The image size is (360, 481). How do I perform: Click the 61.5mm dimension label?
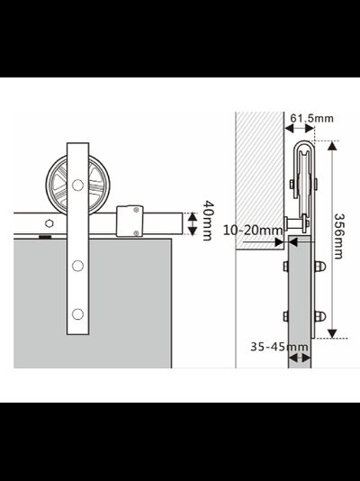pos(311,118)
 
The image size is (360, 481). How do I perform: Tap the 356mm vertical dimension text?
pos(338,236)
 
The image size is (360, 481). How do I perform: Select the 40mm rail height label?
pos(208,221)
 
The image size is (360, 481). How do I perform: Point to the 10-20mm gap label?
pos(253,230)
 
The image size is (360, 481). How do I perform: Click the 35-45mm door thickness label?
pos(279,347)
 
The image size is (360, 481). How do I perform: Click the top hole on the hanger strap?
pos(77,185)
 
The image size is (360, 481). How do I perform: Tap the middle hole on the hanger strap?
pos(77,266)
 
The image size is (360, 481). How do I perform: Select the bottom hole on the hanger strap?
pos(77,314)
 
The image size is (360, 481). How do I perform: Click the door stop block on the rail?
pos(130,222)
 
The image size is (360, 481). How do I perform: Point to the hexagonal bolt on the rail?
pos(49,223)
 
